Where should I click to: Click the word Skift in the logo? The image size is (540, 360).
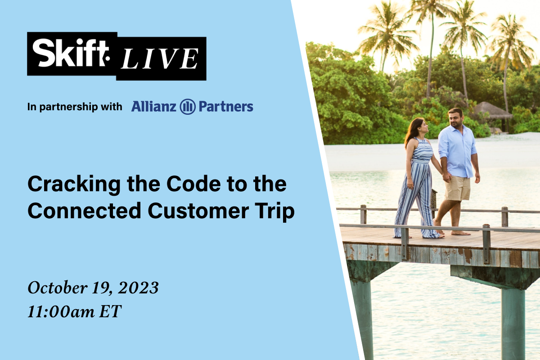click(71, 53)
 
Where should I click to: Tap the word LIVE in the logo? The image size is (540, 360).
click(159, 58)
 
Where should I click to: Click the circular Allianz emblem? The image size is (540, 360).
click(188, 107)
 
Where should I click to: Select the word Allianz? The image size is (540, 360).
click(153, 106)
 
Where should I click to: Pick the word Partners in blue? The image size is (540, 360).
click(226, 107)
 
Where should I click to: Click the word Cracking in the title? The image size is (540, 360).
click(74, 184)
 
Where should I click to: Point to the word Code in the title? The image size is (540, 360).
click(193, 184)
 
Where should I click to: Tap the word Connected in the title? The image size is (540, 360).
click(85, 211)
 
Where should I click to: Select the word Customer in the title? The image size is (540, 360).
click(198, 211)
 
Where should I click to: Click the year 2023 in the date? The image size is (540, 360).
click(138, 288)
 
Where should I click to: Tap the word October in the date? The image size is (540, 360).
click(58, 288)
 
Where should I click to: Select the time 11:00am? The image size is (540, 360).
click(61, 311)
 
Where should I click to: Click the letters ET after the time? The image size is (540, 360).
click(110, 311)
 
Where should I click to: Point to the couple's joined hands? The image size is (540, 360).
click(447, 177)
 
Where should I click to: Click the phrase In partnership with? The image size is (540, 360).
click(75, 107)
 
